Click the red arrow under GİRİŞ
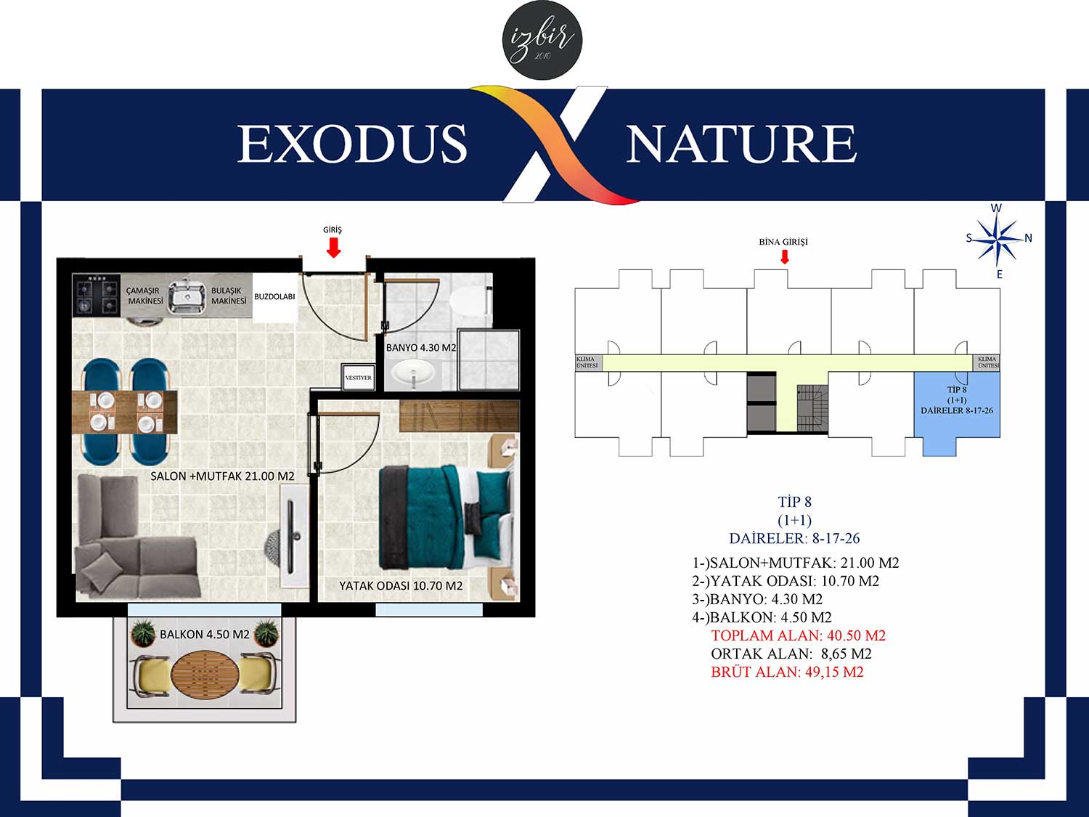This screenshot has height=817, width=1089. pos(333,248)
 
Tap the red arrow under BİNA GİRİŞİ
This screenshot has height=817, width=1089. pos(784,256)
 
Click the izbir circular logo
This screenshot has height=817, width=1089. pos(543,40)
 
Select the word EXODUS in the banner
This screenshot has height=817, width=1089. pos(352,143)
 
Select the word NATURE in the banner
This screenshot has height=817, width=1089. pos(742,143)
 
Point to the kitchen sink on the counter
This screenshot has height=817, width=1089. pos(187,296)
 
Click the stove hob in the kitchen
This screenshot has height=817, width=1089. pos(97,296)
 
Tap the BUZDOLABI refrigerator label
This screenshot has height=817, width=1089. pos(274,296)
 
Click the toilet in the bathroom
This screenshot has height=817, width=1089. pos(469,301)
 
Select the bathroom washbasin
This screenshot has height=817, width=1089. pos(412,371)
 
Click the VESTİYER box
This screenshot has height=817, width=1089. pos(358,378)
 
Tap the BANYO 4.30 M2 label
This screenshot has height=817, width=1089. pos(420,348)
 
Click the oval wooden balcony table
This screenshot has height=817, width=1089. pos(205,673)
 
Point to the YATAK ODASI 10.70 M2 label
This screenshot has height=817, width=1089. pos(401,586)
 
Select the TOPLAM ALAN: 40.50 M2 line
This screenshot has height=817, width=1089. pos(799,635)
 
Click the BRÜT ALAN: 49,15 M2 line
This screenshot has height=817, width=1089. pos(788,672)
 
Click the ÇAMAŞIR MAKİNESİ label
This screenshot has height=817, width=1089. pos(144,296)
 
